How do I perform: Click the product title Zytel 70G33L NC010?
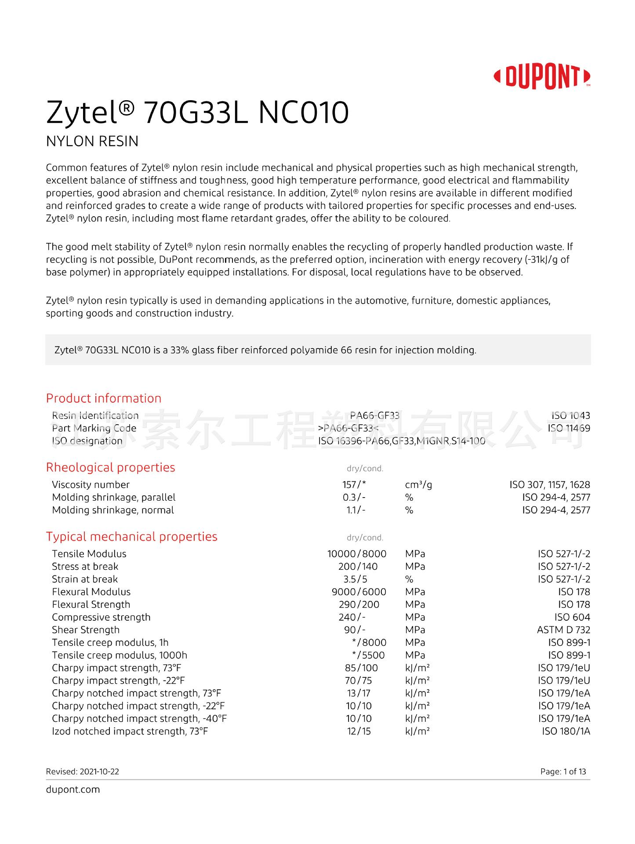(197, 113)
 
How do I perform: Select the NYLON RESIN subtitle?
(92, 142)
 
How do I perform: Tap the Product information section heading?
(104, 398)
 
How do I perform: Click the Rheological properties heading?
(110, 467)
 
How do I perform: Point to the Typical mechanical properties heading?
(131, 536)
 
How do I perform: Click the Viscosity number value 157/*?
(354, 484)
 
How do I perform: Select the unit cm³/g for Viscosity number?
(418, 484)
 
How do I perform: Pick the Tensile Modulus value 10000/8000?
(357, 554)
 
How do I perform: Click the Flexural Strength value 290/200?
(359, 604)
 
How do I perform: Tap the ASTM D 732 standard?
(563, 630)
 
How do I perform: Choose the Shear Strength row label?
(86, 630)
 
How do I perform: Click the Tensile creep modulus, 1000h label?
(120, 655)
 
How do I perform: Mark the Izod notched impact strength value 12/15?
(358, 731)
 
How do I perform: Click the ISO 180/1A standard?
(566, 731)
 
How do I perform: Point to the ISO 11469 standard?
(569, 428)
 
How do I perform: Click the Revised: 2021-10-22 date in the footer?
(83, 771)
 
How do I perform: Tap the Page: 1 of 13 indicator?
(563, 771)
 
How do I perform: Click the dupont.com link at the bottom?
(73, 789)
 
